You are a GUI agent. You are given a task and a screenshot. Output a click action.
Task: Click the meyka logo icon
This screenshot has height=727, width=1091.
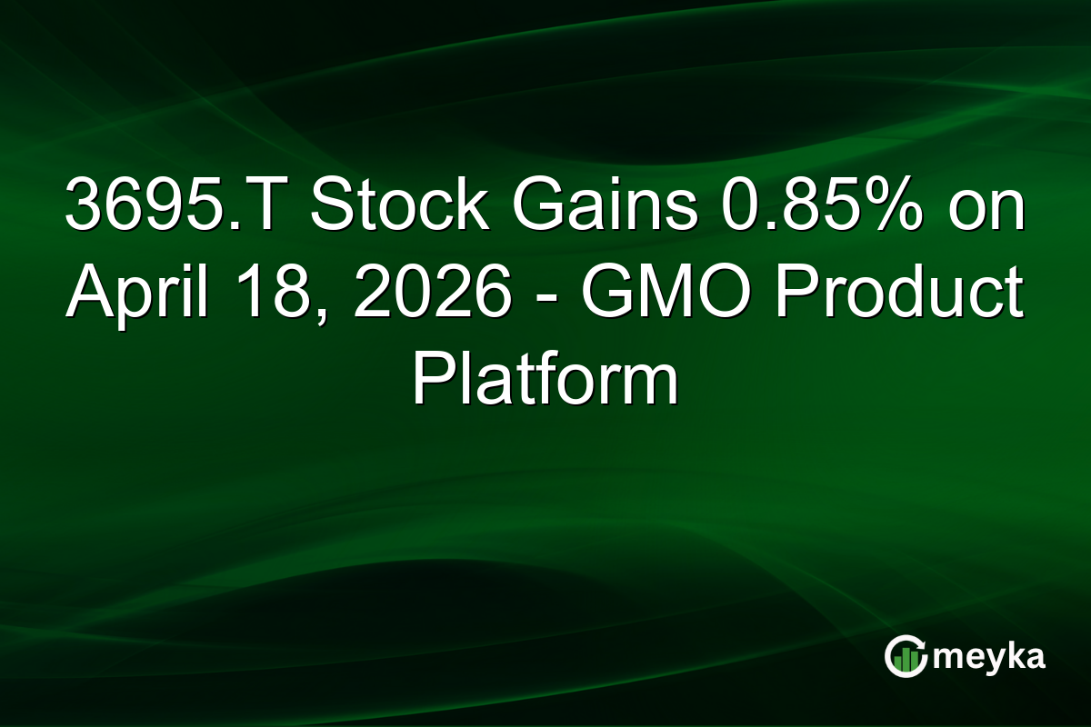coord(906,656)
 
